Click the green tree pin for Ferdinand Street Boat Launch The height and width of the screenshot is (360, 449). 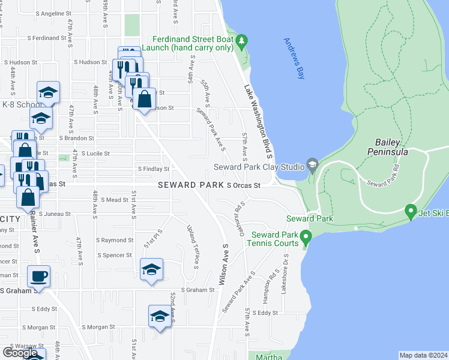pyautogui.click(x=241, y=42)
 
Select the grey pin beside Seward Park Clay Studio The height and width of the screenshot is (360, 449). pyautogui.click(x=312, y=165)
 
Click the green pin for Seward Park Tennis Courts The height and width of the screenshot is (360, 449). pyautogui.click(x=306, y=237)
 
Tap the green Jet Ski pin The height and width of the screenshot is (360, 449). pyautogui.click(x=411, y=211)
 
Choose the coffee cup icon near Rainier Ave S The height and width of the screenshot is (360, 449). pyautogui.click(x=39, y=277)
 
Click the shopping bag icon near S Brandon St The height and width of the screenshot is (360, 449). pyautogui.click(x=145, y=99)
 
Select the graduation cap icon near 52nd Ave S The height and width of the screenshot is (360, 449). pyautogui.click(x=160, y=317)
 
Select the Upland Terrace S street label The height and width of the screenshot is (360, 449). pyautogui.click(x=193, y=246)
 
